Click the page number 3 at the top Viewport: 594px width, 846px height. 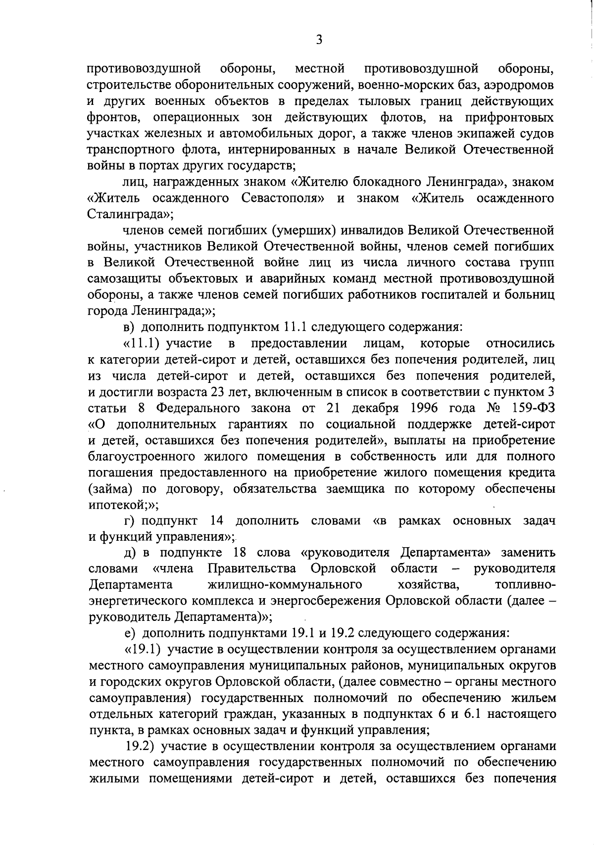pos(319,40)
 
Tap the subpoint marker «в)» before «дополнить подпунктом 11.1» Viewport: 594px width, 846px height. pos(129,327)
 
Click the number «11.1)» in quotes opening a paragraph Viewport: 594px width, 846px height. pos(144,343)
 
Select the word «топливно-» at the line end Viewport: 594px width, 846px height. pos(525,585)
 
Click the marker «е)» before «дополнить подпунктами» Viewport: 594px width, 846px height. pos(129,633)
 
